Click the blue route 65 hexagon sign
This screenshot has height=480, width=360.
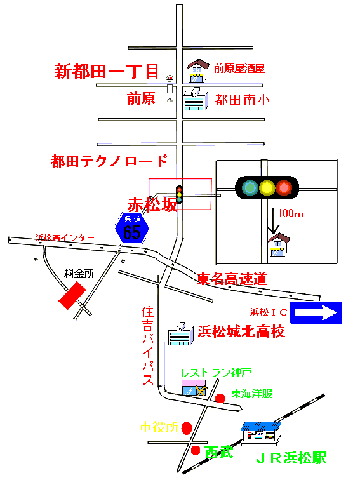pos(132,229)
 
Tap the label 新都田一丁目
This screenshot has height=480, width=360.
pos(107,71)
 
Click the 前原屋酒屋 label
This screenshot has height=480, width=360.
pos(239,69)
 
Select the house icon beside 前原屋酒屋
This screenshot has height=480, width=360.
pos(198,70)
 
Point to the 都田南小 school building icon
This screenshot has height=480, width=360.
pos(196,98)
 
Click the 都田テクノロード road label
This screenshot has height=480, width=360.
pos(109,161)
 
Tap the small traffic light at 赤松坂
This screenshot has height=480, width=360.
pos(180,194)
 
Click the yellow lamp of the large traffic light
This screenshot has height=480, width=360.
pos(267,188)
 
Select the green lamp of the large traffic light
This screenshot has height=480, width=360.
pos(250,188)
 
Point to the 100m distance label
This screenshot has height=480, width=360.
pos(291,213)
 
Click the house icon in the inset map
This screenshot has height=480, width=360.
pos(279,245)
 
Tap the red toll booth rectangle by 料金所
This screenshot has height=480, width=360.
pos(72,295)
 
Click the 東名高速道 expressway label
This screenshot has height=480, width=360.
pos(232,279)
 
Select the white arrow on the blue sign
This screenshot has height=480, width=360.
pos(316,313)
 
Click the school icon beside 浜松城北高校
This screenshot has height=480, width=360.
pos(181,334)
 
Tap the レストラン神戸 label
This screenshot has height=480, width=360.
pos(216,373)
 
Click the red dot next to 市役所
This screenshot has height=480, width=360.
pos(187,428)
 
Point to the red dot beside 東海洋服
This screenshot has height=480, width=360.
pos(220,398)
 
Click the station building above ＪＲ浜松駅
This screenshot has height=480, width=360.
pos(260,433)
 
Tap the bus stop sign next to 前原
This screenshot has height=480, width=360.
pos(170,88)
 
